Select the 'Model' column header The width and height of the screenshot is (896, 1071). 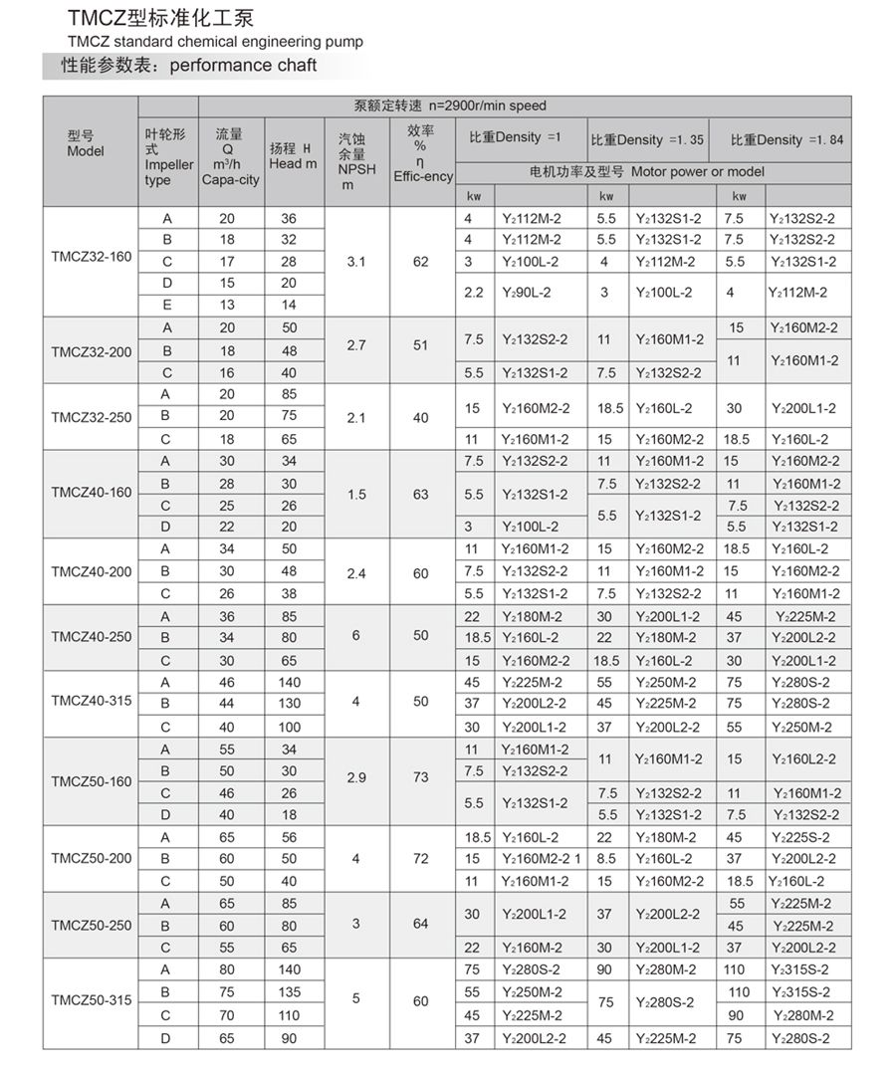coord(86,144)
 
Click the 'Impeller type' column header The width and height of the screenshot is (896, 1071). coord(167,157)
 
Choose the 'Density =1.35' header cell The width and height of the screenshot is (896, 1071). coord(647,139)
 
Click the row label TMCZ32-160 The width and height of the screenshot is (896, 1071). coord(91,262)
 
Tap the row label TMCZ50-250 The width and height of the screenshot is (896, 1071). coord(91,925)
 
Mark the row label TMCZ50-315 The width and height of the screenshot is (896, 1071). coord(91,999)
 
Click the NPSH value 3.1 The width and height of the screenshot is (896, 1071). coord(357,262)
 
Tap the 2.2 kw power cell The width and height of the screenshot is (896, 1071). coord(473,294)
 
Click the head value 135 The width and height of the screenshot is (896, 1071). coord(290,991)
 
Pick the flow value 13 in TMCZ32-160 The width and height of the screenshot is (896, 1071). coord(227,305)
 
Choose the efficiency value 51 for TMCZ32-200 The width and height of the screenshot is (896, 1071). coord(421,345)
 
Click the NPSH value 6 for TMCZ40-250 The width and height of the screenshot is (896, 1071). coord(356,635)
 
